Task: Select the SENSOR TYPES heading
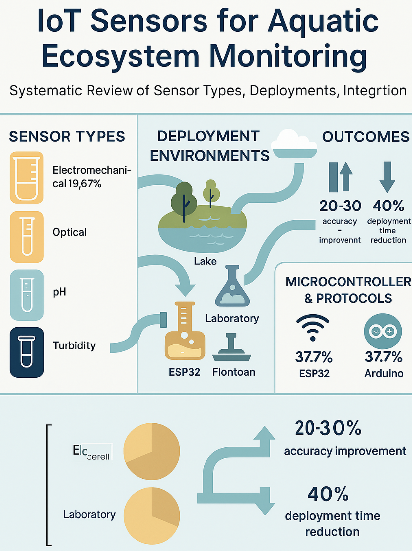(67, 137)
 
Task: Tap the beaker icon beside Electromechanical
(27, 177)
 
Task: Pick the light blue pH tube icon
(27, 292)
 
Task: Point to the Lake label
(205, 260)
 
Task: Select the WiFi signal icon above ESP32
(312, 328)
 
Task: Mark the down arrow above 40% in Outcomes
(387, 178)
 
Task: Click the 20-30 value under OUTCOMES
(340, 205)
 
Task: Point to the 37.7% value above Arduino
(383, 357)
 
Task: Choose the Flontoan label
(234, 371)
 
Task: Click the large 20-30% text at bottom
(328, 428)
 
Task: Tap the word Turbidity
(74, 345)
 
